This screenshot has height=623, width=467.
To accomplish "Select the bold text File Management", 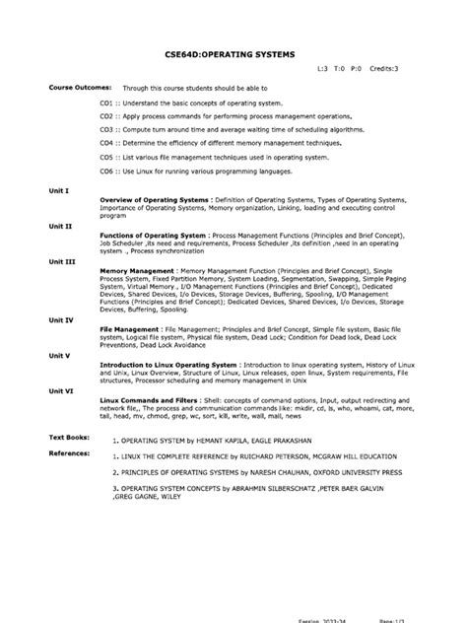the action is (x=132, y=329).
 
